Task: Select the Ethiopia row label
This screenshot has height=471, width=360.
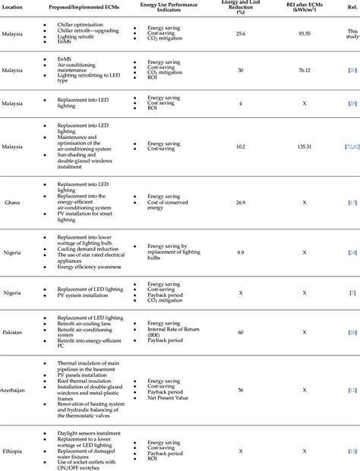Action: (11, 450)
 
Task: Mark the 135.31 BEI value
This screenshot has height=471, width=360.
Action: (303, 147)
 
